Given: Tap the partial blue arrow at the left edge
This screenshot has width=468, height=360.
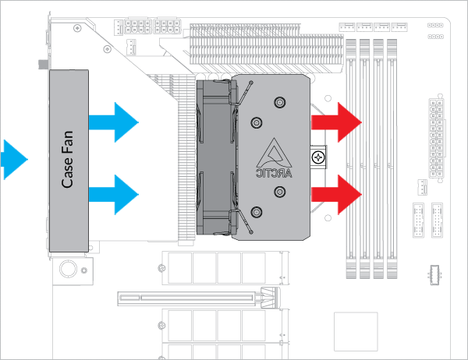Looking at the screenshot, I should click(12, 161).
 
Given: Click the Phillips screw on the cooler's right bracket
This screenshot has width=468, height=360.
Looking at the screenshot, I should click(318, 157).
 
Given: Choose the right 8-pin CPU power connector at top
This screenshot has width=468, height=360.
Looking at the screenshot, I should click(168, 27).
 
